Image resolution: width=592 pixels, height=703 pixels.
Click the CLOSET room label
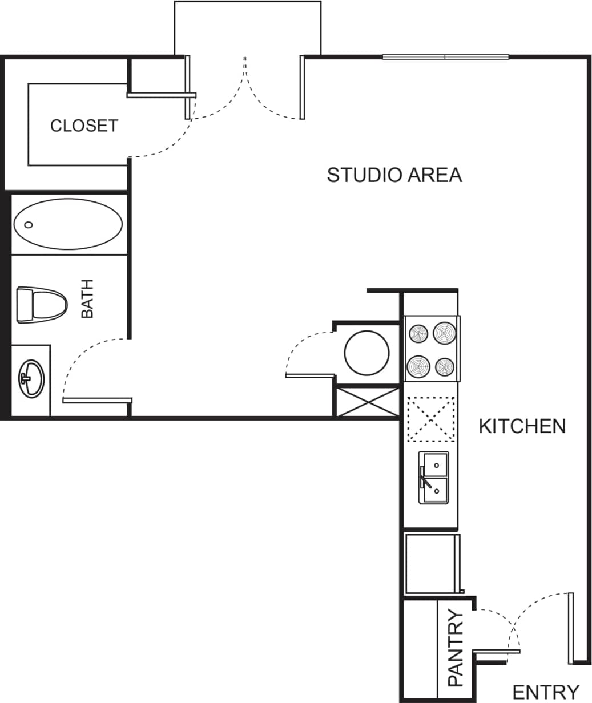click(84, 126)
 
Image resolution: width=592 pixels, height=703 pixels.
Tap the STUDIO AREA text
click(394, 175)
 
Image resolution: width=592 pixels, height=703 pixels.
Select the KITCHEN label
click(522, 426)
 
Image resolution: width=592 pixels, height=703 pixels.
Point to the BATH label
click(87, 298)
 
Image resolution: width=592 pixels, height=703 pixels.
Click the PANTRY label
click(456, 648)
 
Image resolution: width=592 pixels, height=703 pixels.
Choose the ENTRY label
click(546, 692)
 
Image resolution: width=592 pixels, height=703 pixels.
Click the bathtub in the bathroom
click(68, 224)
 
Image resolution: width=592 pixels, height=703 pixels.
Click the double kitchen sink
click(434, 477)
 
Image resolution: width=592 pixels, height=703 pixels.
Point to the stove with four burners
click(432, 349)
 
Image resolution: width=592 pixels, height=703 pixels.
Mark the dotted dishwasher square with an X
click(430, 418)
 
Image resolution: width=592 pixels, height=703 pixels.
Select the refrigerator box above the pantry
click(431, 564)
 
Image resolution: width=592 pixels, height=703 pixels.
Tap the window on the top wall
click(445, 57)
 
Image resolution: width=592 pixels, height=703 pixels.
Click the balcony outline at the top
click(247, 23)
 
